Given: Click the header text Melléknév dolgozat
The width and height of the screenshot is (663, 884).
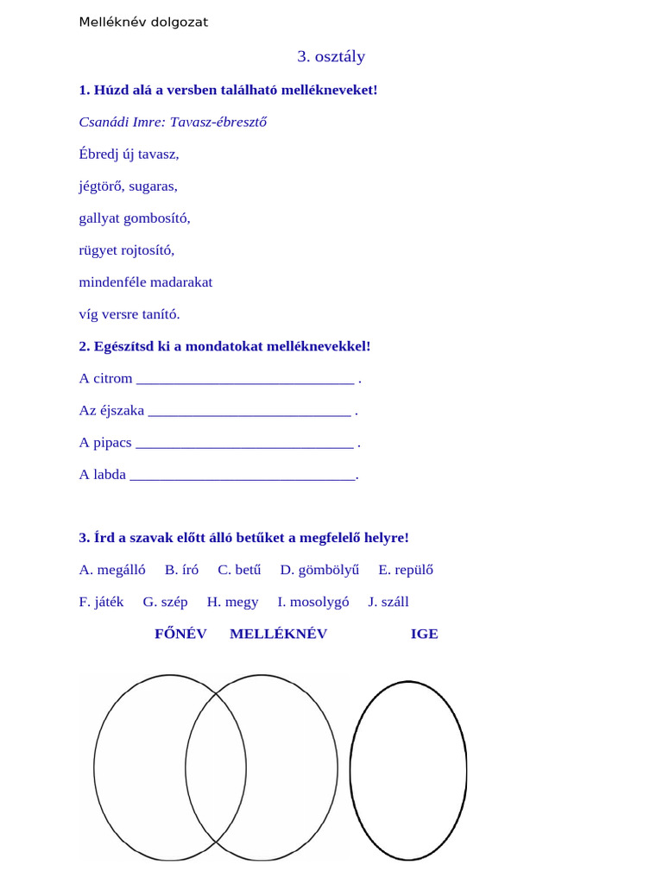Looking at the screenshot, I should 143,22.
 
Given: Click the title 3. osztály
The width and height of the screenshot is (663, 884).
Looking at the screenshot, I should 331,57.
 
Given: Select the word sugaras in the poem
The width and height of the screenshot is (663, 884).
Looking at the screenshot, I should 153,186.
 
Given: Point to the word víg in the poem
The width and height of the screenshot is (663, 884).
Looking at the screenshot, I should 90,315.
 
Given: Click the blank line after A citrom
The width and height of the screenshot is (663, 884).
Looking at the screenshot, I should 245,380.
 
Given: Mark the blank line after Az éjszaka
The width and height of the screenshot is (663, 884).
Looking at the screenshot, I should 249,412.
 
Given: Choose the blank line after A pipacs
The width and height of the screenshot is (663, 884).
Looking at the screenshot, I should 245,444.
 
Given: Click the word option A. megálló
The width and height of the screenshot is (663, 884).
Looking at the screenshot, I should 112,570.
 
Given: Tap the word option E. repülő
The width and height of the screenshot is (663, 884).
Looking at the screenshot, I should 406,570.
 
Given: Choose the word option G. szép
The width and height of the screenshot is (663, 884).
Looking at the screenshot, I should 165,602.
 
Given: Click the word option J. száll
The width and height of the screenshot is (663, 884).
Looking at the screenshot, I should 388,602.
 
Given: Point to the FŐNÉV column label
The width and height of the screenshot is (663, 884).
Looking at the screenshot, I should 180,634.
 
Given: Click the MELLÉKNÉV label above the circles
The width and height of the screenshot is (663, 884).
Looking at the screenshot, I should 278,634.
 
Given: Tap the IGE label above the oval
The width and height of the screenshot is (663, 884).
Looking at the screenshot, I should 424,634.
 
